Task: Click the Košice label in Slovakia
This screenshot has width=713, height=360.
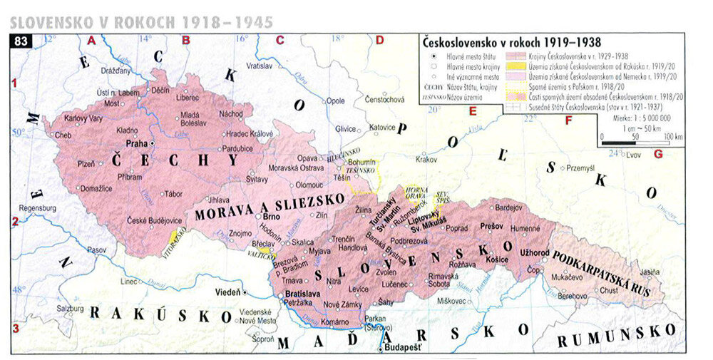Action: tap(496, 261)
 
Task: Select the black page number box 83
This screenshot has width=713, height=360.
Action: tap(21, 41)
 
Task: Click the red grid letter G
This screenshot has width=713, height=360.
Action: tap(657, 154)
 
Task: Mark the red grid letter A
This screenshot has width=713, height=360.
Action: tap(91, 41)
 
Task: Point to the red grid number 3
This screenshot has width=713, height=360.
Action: tap(14, 328)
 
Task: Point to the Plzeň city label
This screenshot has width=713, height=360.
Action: tap(86, 163)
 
